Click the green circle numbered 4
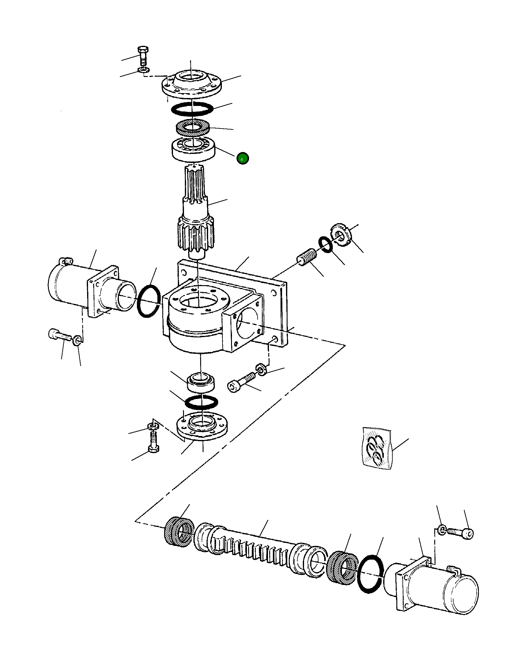242,158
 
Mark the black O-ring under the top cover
192,109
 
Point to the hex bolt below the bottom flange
153,442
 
